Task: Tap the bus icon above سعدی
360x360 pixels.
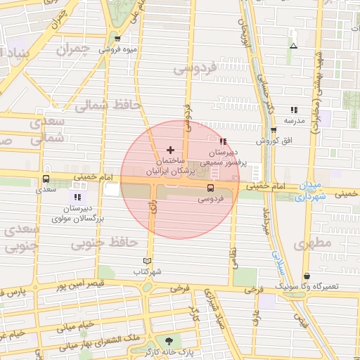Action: tap(46, 179)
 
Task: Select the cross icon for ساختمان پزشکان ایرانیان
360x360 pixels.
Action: tap(169, 150)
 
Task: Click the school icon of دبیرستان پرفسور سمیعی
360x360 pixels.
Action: tap(223, 141)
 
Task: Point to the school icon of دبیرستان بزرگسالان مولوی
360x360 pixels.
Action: tap(77, 198)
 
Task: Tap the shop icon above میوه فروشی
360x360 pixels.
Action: tap(117, 39)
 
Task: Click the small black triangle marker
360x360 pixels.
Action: tap(293, 46)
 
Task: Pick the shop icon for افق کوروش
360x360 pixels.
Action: tap(273, 130)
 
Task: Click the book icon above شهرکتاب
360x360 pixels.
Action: tap(147, 260)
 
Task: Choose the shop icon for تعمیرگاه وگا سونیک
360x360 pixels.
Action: tap(307, 276)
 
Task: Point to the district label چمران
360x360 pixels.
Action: tap(77, 50)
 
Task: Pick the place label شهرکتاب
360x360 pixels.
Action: tap(148, 271)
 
